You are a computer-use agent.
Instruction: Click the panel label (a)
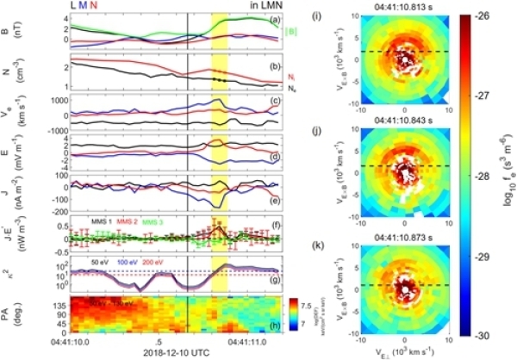tap(273, 20)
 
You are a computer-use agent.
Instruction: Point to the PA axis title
tap(20, 314)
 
